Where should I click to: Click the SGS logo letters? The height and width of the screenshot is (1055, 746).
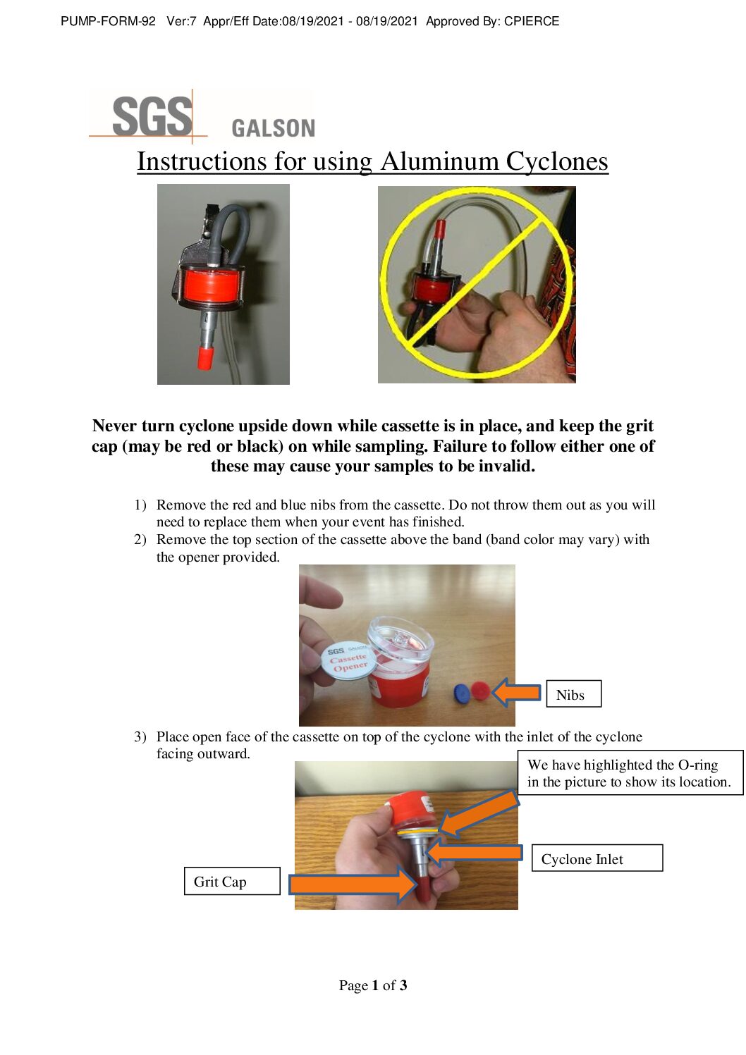(152, 117)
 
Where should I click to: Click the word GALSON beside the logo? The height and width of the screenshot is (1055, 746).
(273, 128)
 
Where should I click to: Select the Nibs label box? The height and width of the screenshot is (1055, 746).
(573, 694)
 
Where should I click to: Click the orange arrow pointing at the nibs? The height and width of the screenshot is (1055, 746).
(517, 692)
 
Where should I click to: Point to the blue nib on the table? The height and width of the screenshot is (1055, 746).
(462, 693)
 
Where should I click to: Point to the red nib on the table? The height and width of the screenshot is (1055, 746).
(480, 690)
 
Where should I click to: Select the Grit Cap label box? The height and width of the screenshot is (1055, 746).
(232, 881)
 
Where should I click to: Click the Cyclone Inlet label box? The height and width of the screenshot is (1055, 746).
(597, 858)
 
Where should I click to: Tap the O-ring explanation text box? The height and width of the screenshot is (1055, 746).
(630, 773)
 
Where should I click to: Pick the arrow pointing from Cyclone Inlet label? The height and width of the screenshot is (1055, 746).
(474, 853)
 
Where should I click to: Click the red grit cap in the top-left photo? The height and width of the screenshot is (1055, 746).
(205, 358)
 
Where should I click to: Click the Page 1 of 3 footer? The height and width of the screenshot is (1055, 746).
(372, 985)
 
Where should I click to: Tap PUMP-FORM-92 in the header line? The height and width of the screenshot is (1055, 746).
(108, 21)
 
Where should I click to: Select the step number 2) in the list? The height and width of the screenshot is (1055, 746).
(140, 540)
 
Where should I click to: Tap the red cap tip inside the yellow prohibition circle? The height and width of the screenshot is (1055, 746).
(439, 229)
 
